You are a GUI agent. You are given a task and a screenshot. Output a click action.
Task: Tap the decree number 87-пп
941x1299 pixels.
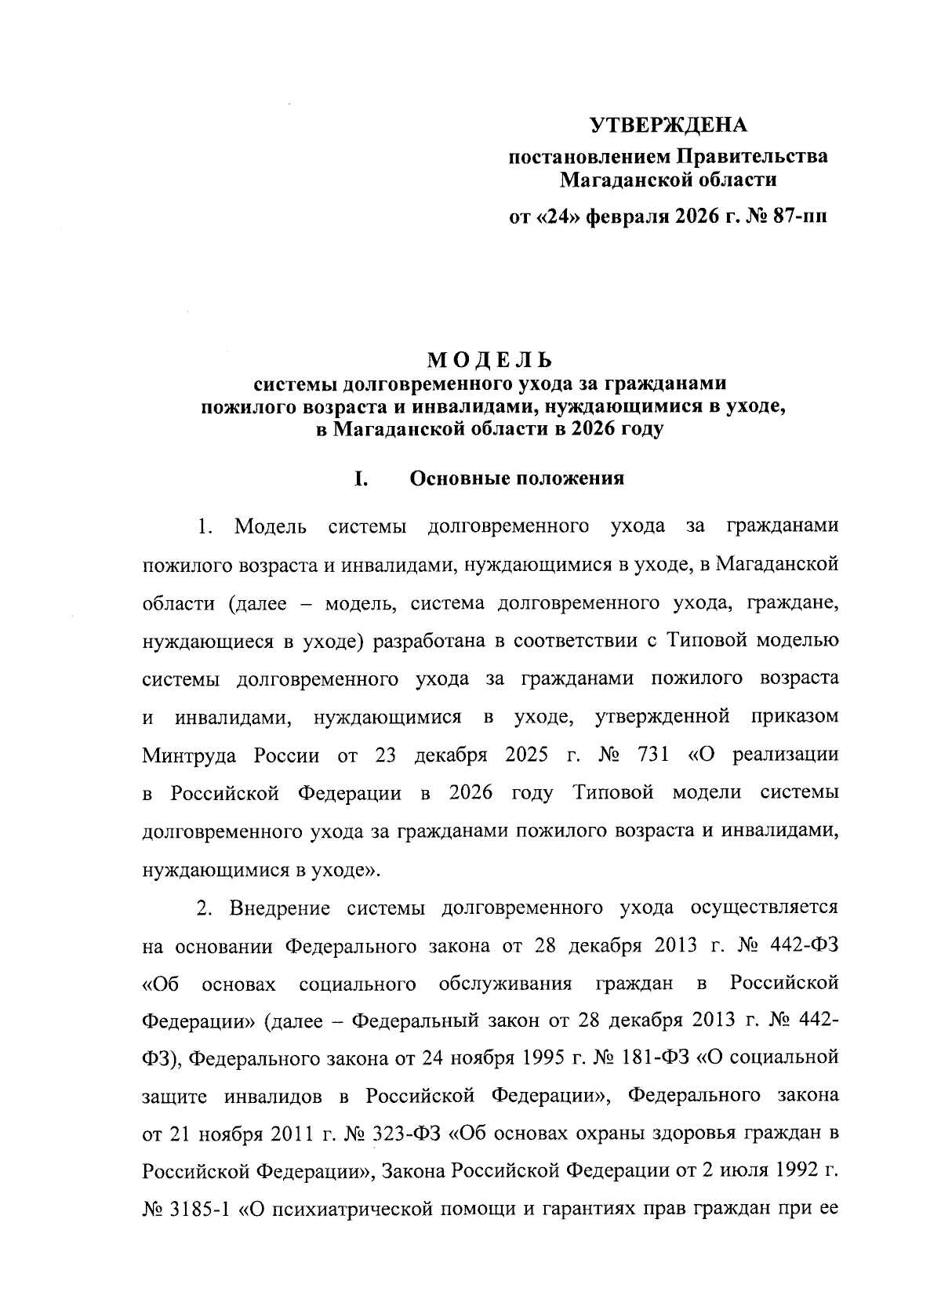coord(799,217)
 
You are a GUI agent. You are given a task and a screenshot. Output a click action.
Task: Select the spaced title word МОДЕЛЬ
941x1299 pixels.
coord(490,361)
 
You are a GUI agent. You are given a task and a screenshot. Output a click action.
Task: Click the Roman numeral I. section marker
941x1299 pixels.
coord(361,479)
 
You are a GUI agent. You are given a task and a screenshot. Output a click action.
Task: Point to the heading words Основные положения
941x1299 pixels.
coord(518,479)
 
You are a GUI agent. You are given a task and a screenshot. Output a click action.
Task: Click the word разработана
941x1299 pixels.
coord(427,641)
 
